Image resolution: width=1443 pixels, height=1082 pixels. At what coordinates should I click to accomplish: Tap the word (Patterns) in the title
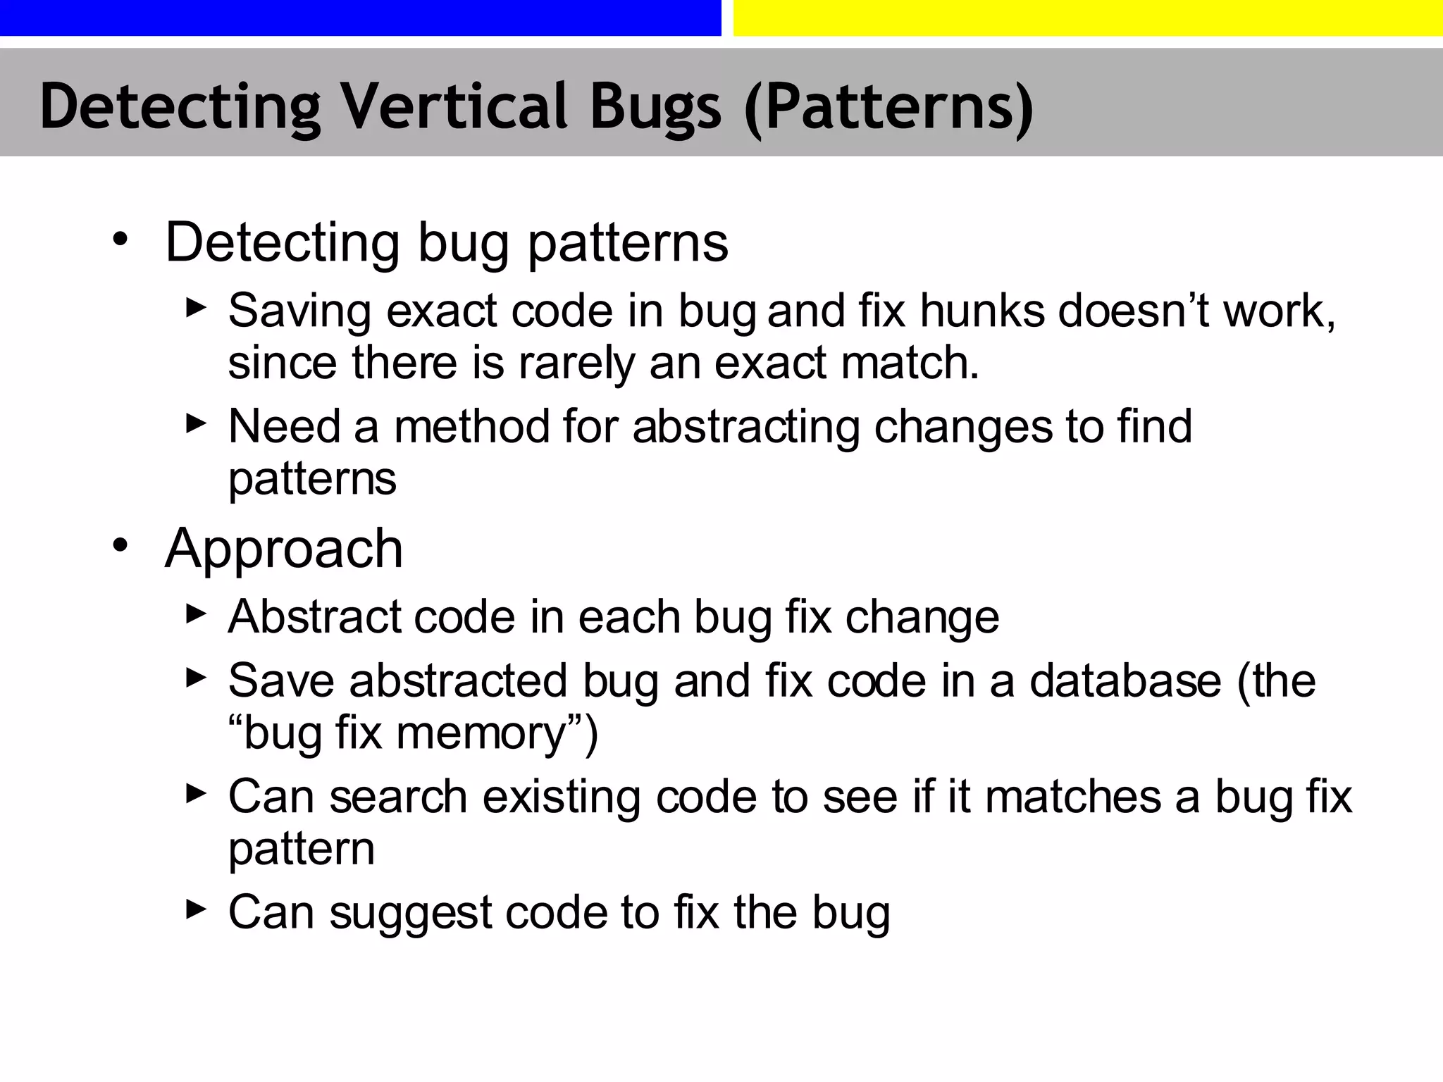888,107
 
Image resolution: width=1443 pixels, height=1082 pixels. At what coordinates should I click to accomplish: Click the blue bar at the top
360,17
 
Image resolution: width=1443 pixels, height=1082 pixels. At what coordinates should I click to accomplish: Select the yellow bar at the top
1088,17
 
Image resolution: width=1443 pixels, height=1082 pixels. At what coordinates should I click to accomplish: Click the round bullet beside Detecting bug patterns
120,240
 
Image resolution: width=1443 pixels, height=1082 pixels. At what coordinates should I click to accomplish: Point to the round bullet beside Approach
120,545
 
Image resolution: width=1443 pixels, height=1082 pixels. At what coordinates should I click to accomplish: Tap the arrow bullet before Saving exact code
196,307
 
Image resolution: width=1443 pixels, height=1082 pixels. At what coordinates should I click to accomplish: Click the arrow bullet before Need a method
196,423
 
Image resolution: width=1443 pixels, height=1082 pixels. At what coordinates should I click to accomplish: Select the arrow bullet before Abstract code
196,614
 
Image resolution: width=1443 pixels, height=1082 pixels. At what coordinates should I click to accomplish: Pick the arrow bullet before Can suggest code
196,909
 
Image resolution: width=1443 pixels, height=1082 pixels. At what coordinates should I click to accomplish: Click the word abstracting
746,427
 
